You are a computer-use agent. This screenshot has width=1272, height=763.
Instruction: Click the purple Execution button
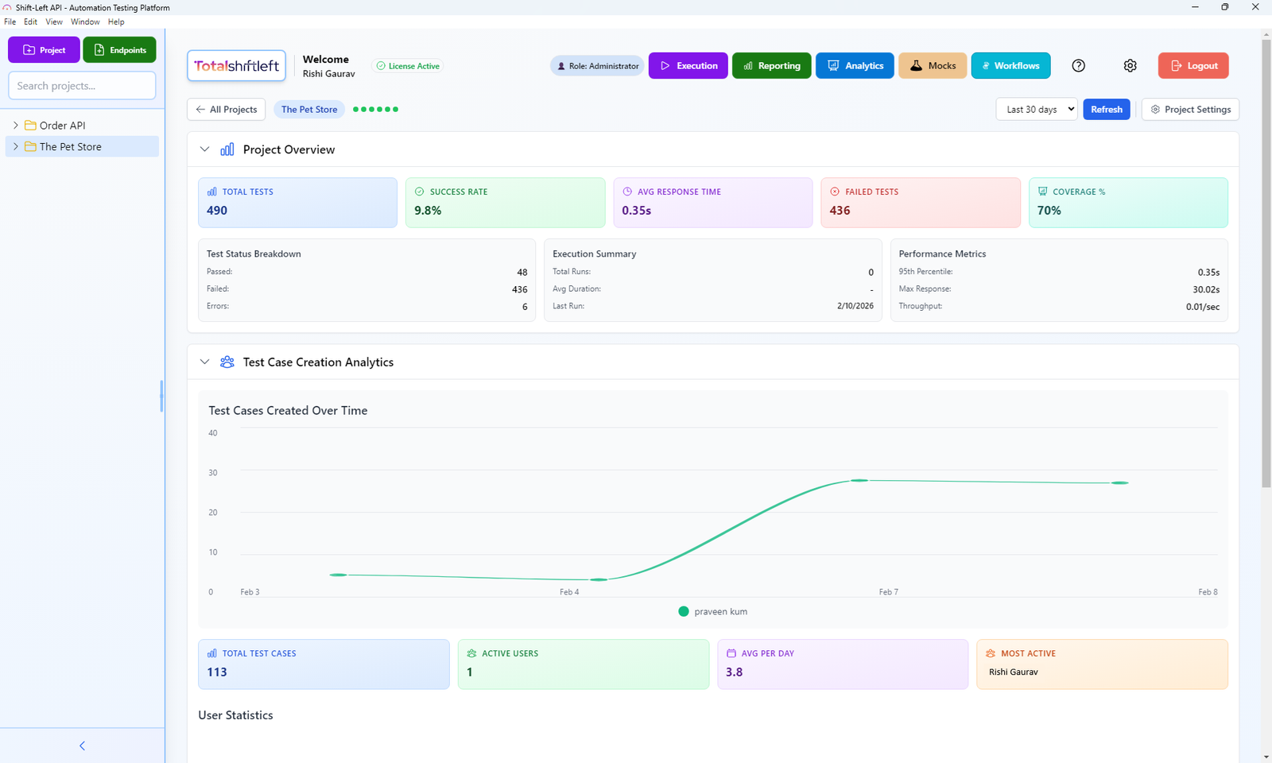688,66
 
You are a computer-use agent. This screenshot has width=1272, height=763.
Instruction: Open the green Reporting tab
771,66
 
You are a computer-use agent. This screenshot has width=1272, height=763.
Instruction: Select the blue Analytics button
855,66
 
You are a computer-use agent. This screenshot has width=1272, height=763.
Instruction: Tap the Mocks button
933,66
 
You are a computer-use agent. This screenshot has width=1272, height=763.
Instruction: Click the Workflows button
1010,66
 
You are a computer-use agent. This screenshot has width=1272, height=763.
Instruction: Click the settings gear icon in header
1130,66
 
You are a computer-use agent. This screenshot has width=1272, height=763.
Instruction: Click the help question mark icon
1078,66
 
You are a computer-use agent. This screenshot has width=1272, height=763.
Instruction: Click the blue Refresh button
1106,110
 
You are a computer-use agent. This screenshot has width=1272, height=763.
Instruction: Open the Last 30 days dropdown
1036,110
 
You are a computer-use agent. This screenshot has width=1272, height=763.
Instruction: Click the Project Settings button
1190,110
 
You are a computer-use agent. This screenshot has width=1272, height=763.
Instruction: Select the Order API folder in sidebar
62,126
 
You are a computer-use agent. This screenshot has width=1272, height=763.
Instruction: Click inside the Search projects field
82,86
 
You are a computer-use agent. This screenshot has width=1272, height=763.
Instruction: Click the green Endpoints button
119,50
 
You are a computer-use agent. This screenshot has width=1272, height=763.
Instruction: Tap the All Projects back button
227,110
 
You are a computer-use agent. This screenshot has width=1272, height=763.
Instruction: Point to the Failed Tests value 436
840,211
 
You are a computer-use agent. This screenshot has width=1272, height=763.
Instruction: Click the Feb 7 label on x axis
888,592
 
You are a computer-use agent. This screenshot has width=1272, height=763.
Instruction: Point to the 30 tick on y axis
213,473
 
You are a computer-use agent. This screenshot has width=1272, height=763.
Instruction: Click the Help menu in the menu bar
116,22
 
